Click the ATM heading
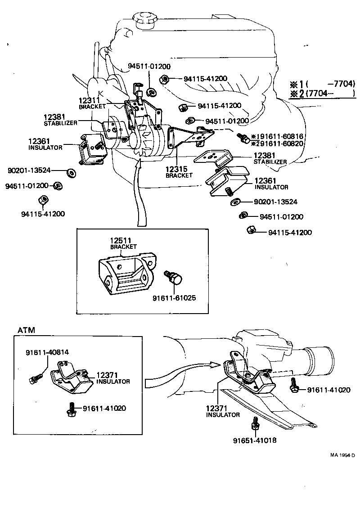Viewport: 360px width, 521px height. click(26, 330)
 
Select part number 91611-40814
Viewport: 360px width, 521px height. click(47, 352)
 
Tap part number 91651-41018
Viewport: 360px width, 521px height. click(255, 440)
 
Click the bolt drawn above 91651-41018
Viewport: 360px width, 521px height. click(255, 424)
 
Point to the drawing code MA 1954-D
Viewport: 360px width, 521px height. click(342, 455)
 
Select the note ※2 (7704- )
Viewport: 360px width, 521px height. click(322, 94)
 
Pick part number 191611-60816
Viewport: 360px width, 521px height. click(277, 136)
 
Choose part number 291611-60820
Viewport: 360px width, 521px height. click(277, 144)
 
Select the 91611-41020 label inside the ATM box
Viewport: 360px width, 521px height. click(104, 409)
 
